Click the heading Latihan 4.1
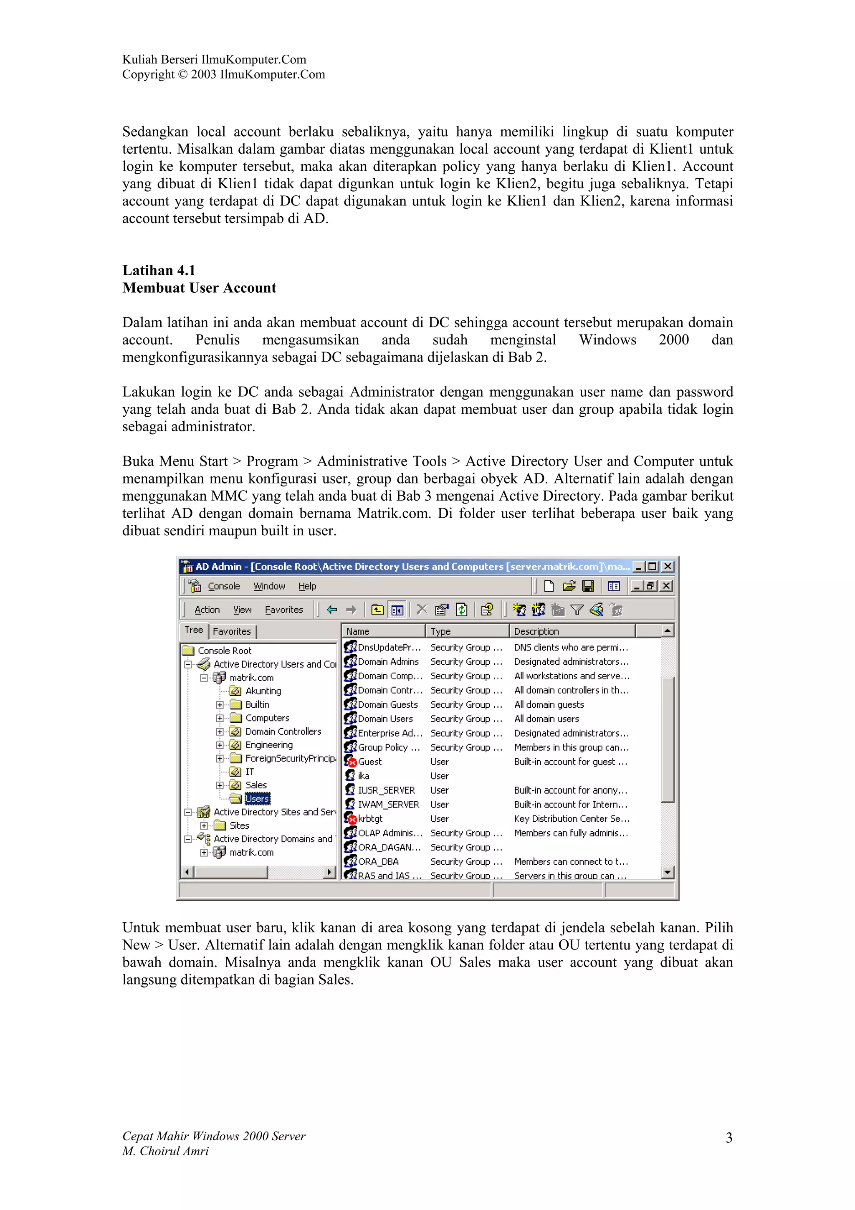[x=159, y=271]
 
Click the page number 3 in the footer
[x=729, y=1137]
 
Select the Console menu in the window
[x=223, y=586]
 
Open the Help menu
[x=307, y=586]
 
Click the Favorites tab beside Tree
[x=232, y=631]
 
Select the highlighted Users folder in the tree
[x=257, y=798]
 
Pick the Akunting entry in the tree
[x=263, y=691]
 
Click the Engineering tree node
[x=269, y=744]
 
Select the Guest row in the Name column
[x=369, y=762]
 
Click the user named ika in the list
[x=364, y=776]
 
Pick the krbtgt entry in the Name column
[x=370, y=818]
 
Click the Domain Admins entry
[x=388, y=661]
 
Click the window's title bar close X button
[x=668, y=567]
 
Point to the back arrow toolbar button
[x=332, y=610]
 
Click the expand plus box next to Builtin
[x=220, y=705]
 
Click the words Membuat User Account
[x=199, y=288]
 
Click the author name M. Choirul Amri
[x=165, y=1151]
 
